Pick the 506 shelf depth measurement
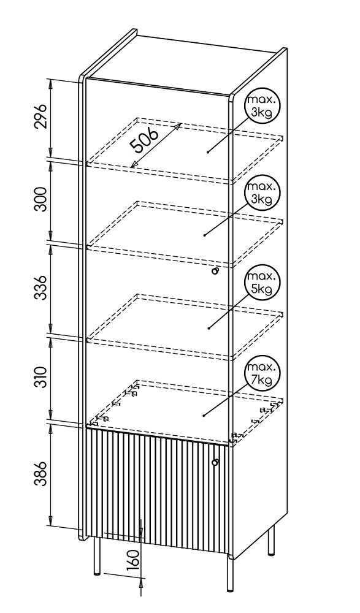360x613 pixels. pos(144,140)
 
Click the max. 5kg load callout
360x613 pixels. pos(262,283)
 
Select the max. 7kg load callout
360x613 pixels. pos(262,373)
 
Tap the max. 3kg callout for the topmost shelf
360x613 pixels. pos(262,106)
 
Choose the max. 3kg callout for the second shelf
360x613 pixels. pos(262,193)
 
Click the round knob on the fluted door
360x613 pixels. pos(215,462)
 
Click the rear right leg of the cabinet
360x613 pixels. pos(271,541)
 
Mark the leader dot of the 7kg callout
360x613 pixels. pos(204,416)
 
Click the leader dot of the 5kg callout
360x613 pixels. pos(209,328)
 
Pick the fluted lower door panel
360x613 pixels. pos(157,491)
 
